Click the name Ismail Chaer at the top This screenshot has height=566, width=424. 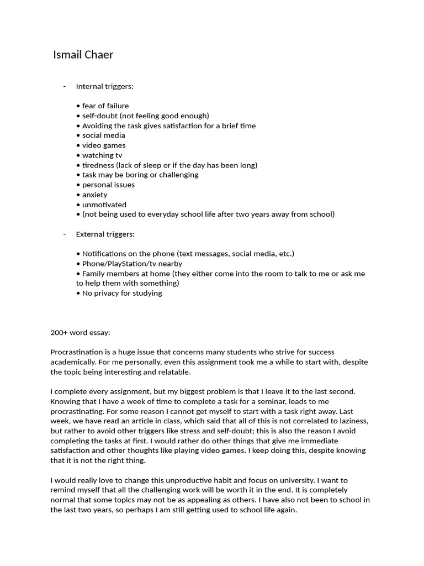click(x=83, y=55)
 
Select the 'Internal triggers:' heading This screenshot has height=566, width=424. click(x=104, y=86)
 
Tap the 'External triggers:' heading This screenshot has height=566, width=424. click(x=105, y=234)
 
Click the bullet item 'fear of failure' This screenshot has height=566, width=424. click(x=105, y=106)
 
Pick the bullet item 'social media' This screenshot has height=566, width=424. click(x=103, y=135)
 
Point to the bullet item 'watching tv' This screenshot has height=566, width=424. click(x=102, y=155)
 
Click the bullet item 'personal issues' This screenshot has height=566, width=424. click(x=108, y=185)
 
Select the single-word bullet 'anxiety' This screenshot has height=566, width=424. click(x=94, y=195)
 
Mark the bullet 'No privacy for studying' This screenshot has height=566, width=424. click(x=121, y=293)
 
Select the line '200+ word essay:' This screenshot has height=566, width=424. click(x=81, y=332)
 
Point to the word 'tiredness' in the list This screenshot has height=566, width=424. click(x=98, y=165)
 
